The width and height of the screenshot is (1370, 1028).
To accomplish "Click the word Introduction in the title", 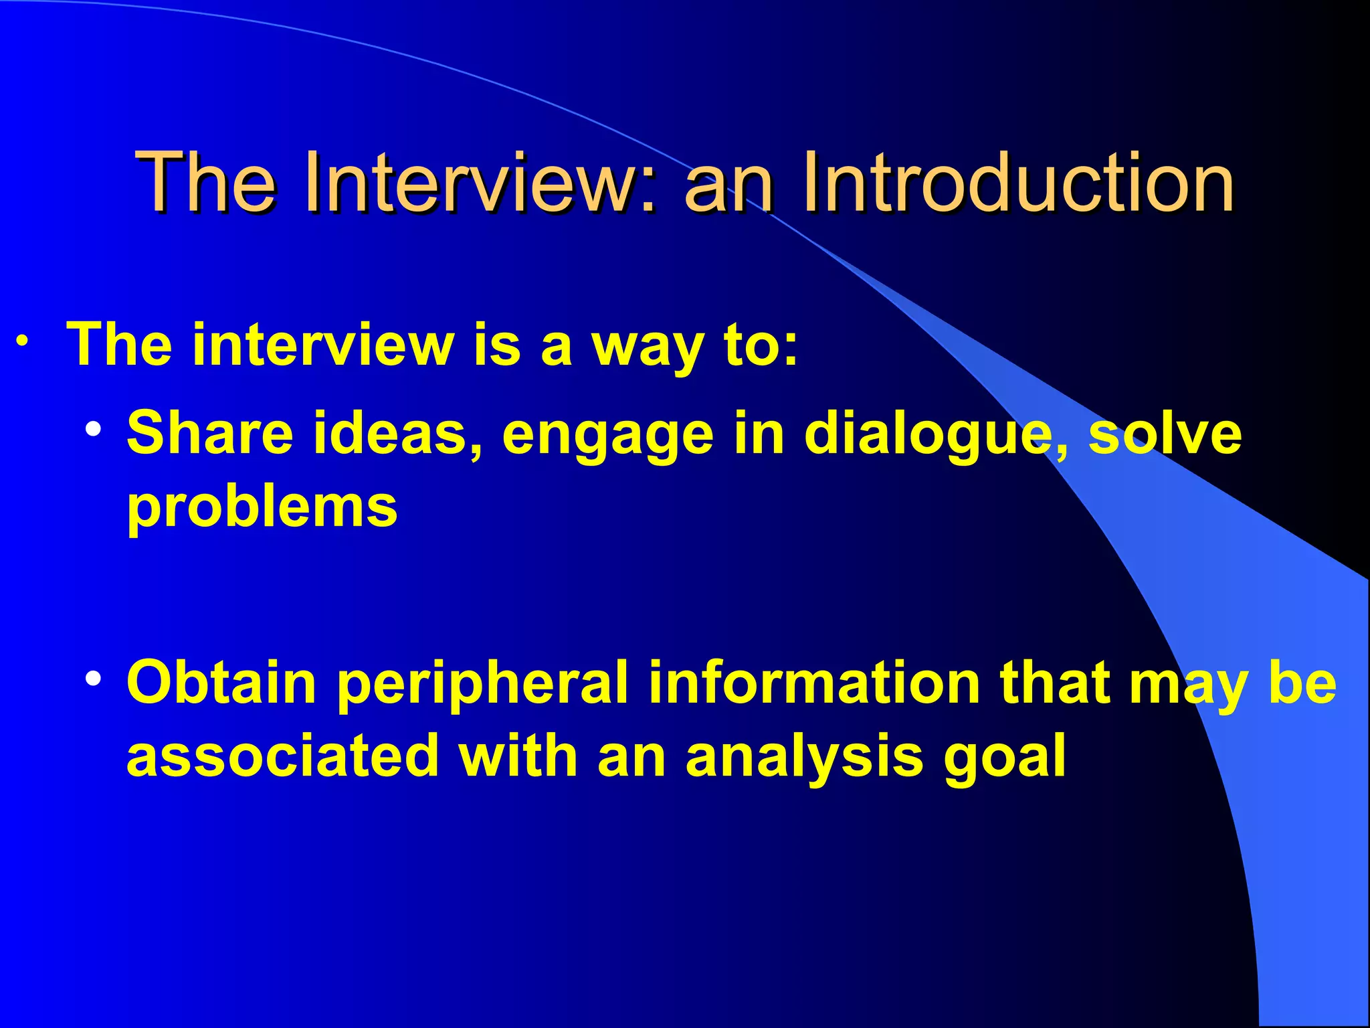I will [x=1017, y=182].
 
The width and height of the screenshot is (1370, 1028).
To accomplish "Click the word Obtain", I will [x=221, y=683].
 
